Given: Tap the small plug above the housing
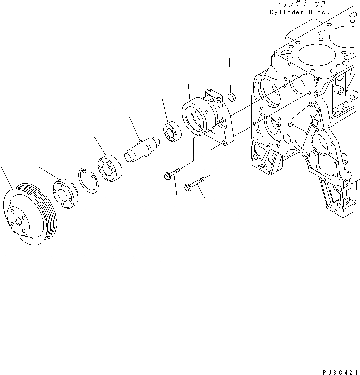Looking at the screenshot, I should click(231, 96).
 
